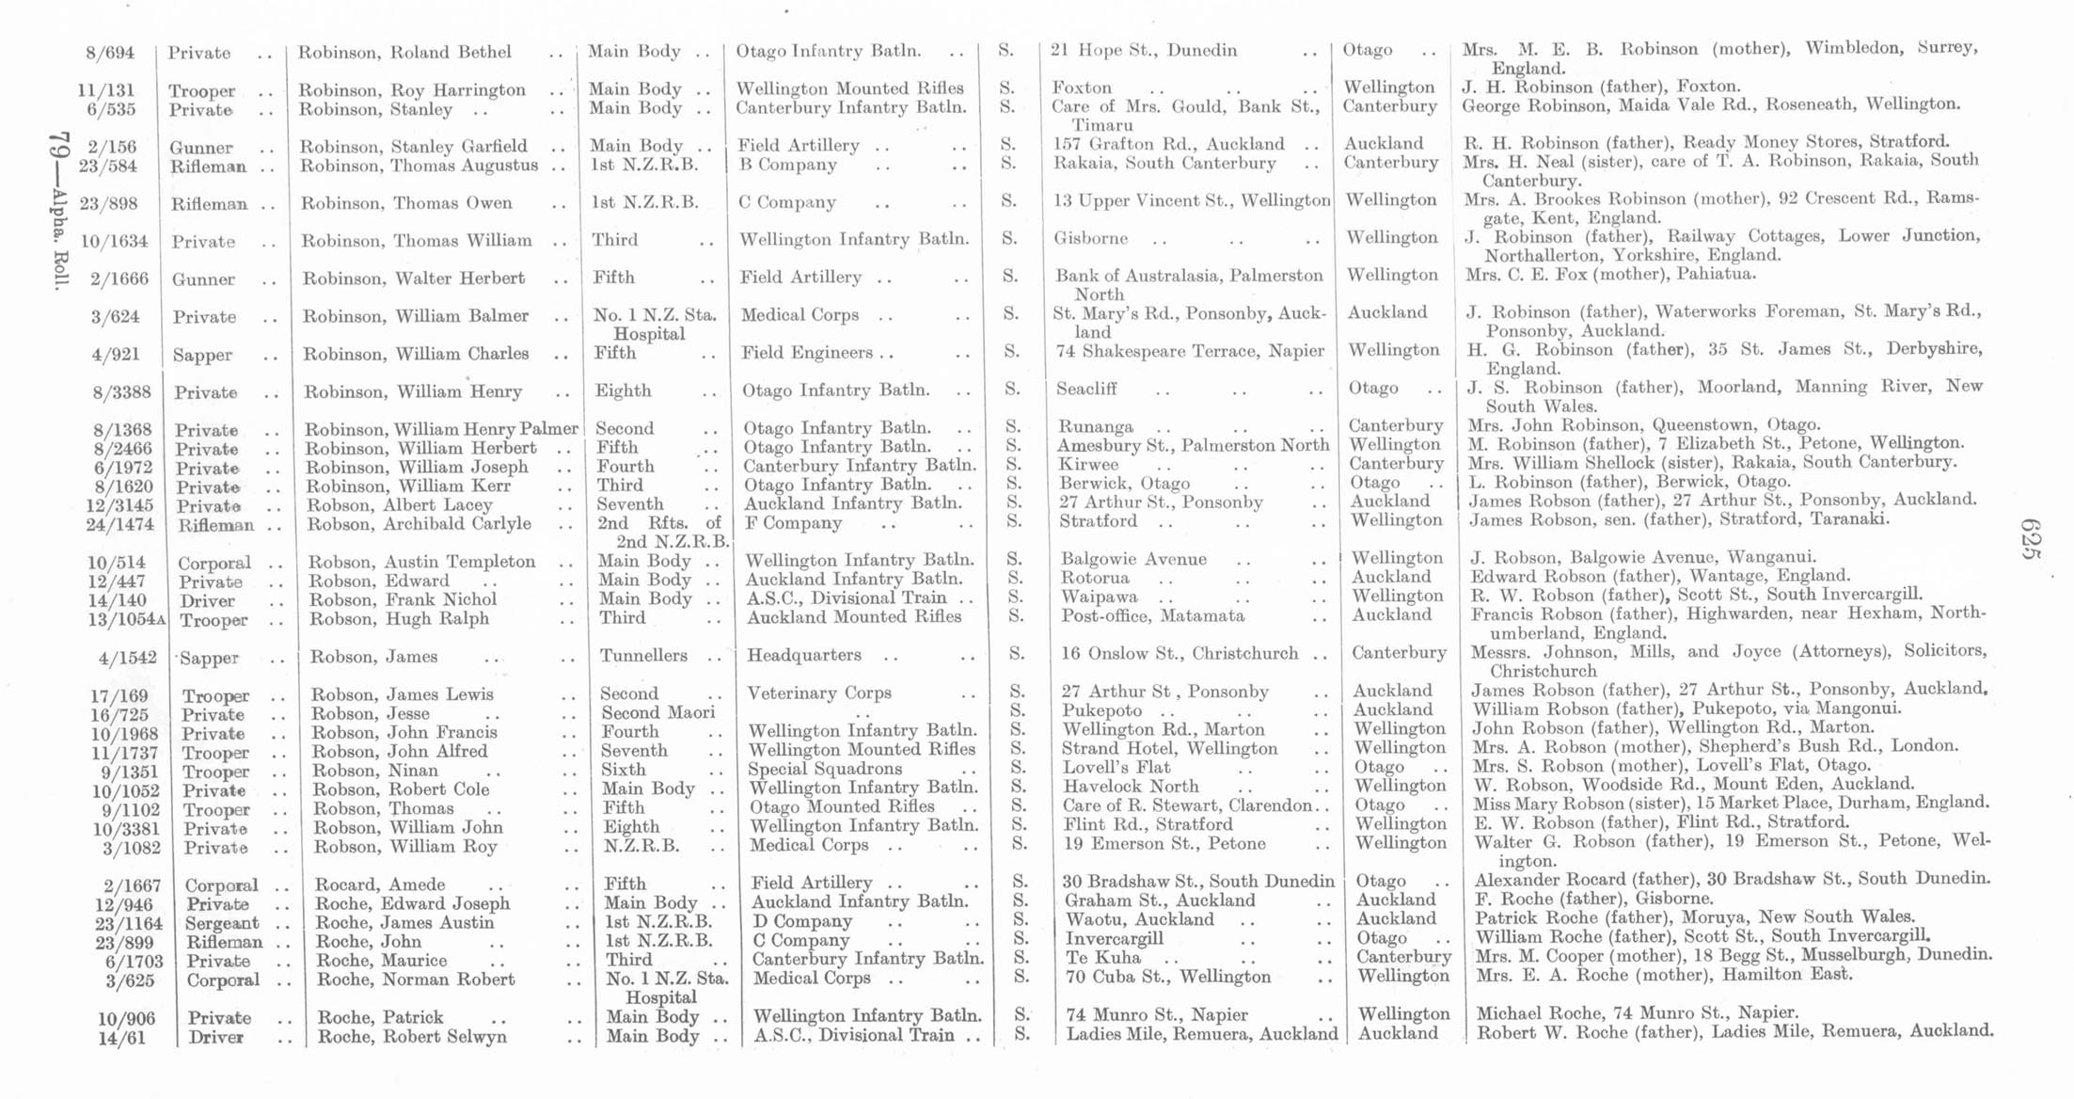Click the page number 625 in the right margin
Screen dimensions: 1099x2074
pyautogui.click(x=2031, y=538)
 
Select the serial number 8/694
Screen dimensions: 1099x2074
pyautogui.click(x=110, y=53)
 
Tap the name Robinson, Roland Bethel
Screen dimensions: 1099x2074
pyautogui.click(x=404, y=52)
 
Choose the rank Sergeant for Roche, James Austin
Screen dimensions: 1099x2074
pyautogui.click(x=222, y=923)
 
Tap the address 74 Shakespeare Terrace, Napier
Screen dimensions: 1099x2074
pyautogui.click(x=1189, y=352)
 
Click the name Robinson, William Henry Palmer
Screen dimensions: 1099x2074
pyautogui.click(x=441, y=429)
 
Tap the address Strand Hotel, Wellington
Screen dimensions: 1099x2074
pyautogui.click(x=1170, y=749)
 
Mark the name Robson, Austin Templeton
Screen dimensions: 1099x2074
pyautogui.click(x=422, y=562)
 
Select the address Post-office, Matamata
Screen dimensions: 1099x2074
pyautogui.click(x=1153, y=615)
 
